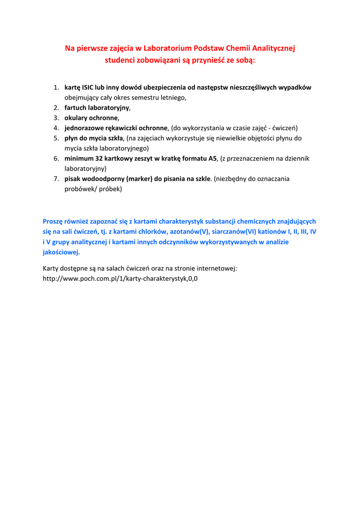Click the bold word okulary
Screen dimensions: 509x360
[x=77, y=118]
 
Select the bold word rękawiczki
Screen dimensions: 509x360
[x=119, y=128]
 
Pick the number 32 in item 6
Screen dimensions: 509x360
[x=99, y=159]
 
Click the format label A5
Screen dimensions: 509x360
[x=213, y=159]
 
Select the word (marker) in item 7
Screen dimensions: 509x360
[x=139, y=178]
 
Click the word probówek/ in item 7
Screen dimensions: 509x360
[x=81, y=189]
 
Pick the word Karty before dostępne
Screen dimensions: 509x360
[x=51, y=268]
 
